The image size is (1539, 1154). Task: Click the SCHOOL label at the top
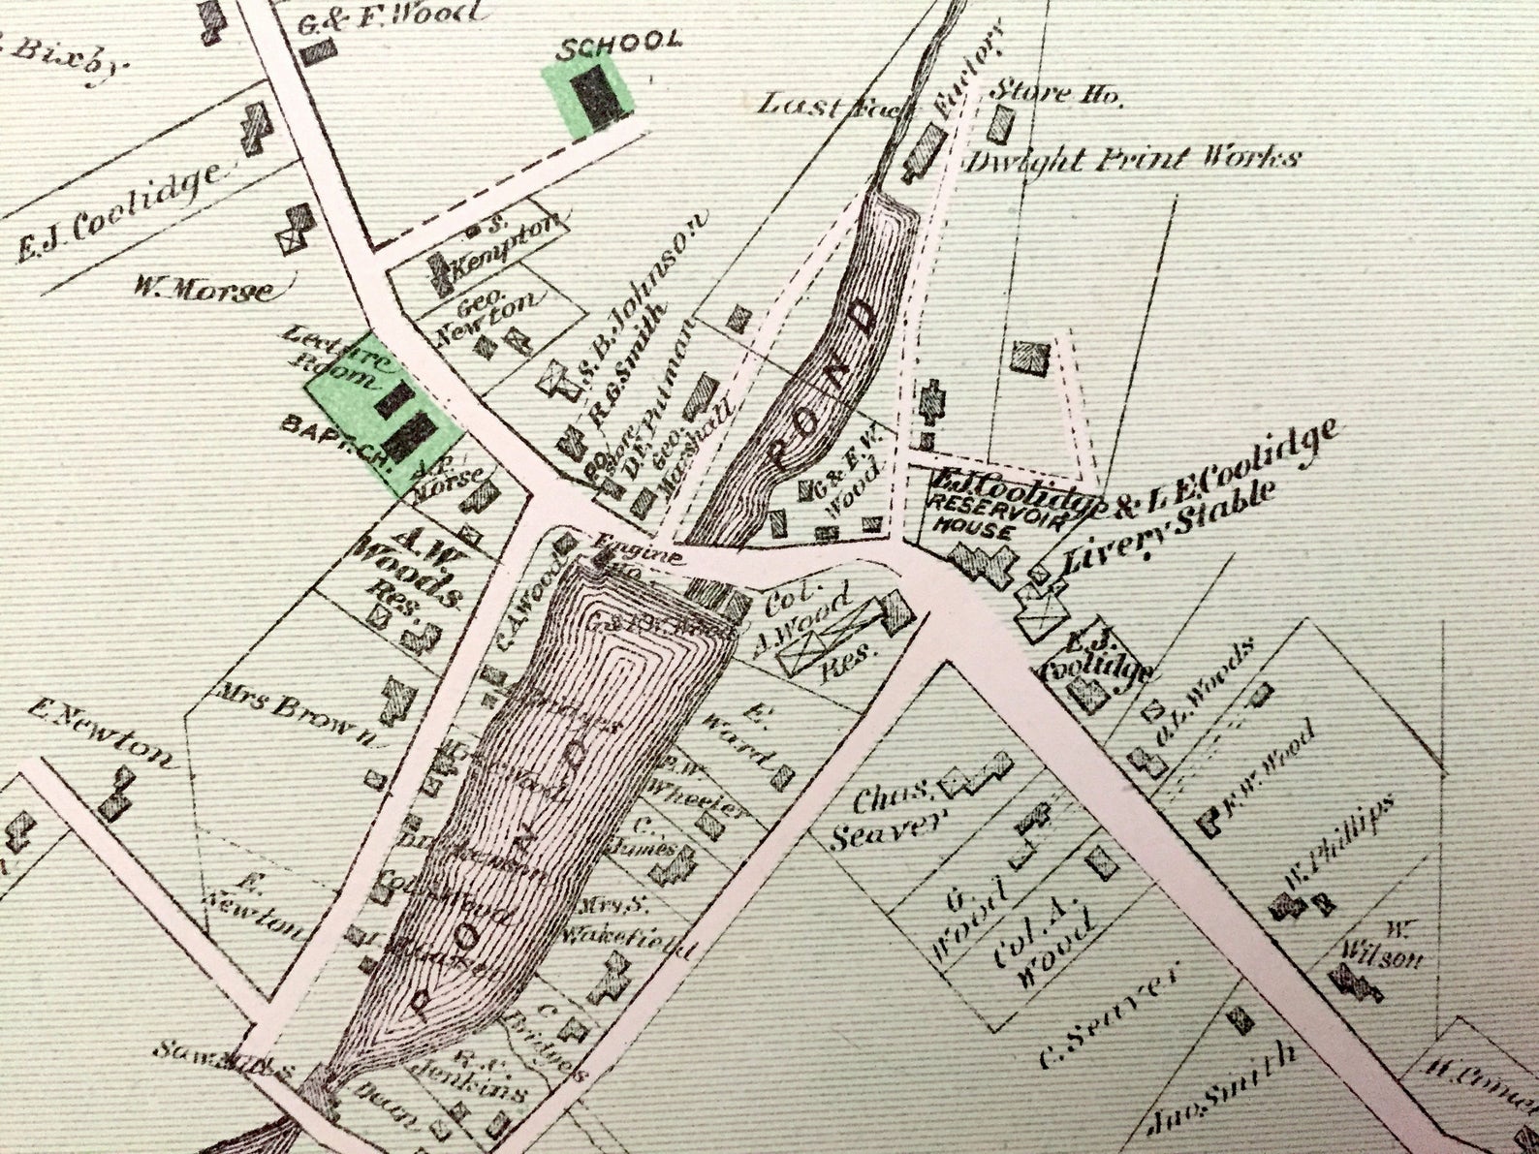[620, 41]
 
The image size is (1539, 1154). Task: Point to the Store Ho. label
[1054, 94]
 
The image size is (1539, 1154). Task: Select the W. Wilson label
[1386, 946]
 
